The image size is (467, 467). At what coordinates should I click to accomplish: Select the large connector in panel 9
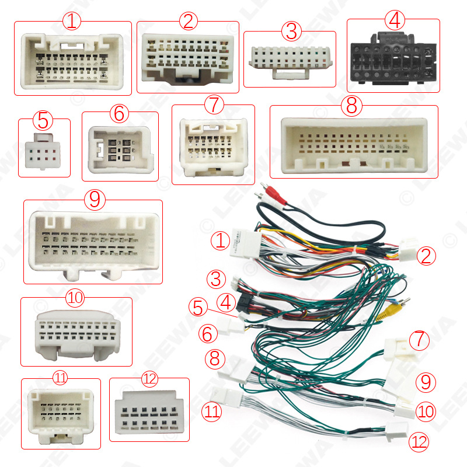(x=92, y=242)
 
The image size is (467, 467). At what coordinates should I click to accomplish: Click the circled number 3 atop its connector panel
(x=290, y=29)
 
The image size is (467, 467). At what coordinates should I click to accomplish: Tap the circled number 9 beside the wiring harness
(x=426, y=382)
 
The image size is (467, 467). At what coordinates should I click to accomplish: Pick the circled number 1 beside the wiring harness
(x=220, y=241)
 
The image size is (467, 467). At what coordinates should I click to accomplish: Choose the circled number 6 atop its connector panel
(x=119, y=113)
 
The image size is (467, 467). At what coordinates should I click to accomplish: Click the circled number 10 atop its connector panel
(x=75, y=298)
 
